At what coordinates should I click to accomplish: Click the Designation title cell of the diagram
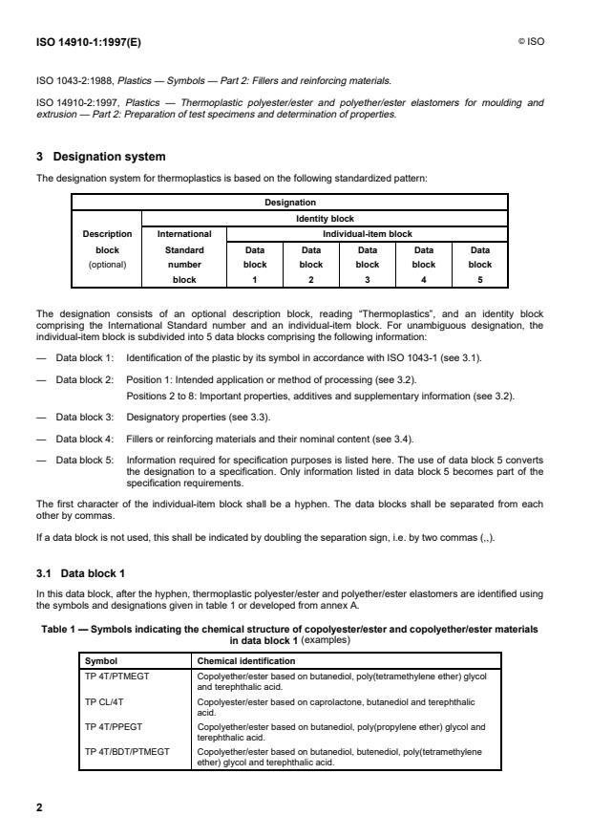290,203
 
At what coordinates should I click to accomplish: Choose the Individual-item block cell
367,232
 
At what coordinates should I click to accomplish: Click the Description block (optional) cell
107,248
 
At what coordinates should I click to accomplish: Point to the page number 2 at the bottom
39,807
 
